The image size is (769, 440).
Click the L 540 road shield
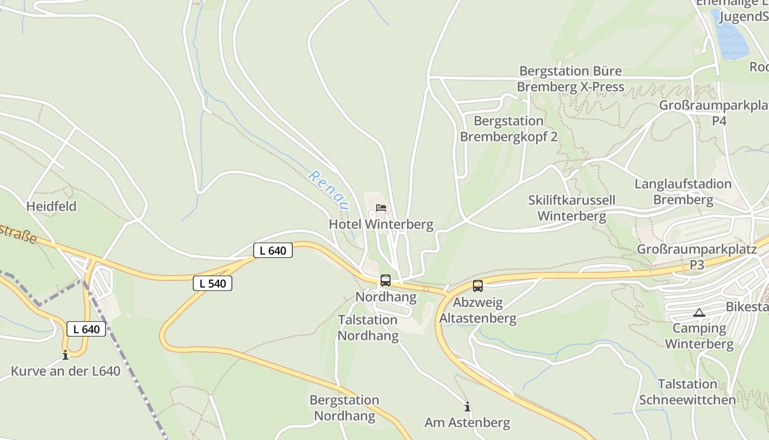[213, 284]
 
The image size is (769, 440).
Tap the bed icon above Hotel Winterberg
[381, 208]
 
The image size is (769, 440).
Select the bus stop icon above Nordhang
[386, 280]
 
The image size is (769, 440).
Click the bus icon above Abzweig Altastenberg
[478, 286]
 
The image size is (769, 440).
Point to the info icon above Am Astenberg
[467, 406]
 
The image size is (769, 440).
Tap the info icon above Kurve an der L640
[65, 355]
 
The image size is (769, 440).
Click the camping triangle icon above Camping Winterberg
[699, 313]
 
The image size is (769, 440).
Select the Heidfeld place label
[52, 206]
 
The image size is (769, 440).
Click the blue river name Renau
[328, 190]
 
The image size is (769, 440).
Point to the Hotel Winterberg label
[381, 224]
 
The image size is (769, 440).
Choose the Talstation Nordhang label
[368, 328]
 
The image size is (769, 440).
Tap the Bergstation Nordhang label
[344, 408]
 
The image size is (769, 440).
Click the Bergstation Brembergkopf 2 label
[509, 129]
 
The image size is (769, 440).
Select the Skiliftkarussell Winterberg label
[572, 208]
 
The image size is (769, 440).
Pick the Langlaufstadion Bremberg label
[683, 191]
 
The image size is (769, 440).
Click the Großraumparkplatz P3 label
[696, 257]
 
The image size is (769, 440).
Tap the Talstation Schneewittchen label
[687, 392]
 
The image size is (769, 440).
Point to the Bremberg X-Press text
[570, 87]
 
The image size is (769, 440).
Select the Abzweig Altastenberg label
[478, 311]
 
